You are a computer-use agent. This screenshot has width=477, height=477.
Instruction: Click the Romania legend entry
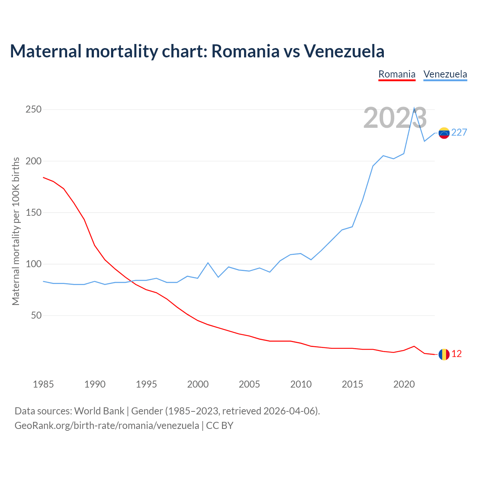coord(397,74)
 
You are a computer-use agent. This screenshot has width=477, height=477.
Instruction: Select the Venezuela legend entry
coord(445,74)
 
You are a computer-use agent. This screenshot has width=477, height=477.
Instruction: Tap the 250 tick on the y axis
coord(34,110)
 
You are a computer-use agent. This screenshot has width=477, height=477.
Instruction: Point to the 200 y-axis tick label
coord(34,161)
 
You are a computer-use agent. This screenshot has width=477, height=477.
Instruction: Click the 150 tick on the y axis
coord(34,212)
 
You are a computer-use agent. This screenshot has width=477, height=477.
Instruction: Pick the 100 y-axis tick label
coord(34,264)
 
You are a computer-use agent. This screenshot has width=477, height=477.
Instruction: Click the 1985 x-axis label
coord(43,384)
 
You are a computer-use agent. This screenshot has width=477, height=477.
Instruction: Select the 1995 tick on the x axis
coord(146,384)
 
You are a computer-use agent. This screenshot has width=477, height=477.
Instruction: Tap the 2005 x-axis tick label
coord(249,384)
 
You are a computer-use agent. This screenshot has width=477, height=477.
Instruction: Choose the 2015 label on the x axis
coord(352,384)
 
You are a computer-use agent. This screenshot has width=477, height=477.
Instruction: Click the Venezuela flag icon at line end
coord(444,133)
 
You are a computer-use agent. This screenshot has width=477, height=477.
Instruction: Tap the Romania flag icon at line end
coord(444,354)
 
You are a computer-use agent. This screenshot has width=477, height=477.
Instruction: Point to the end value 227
coord(459,133)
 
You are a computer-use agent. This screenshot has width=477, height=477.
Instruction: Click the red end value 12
coord(457,354)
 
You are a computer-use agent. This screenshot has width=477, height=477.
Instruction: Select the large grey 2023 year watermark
coord(395,118)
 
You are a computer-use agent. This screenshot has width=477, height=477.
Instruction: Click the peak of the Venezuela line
coord(414,108)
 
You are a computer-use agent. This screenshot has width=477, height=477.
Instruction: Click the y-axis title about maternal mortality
coord(16,231)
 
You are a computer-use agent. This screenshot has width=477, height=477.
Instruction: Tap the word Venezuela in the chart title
coord(344,51)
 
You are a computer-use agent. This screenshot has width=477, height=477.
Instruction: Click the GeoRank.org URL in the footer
coord(107,426)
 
